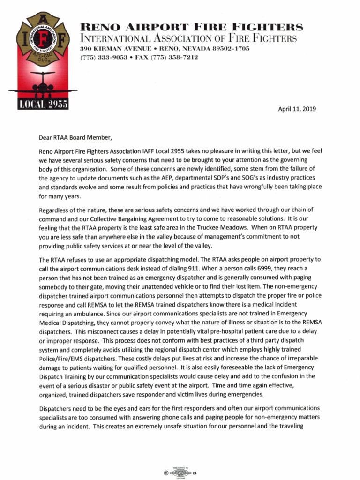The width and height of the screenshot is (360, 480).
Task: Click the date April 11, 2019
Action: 297,109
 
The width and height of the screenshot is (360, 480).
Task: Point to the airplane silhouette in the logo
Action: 43,84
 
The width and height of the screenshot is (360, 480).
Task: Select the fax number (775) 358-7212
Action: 174,58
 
